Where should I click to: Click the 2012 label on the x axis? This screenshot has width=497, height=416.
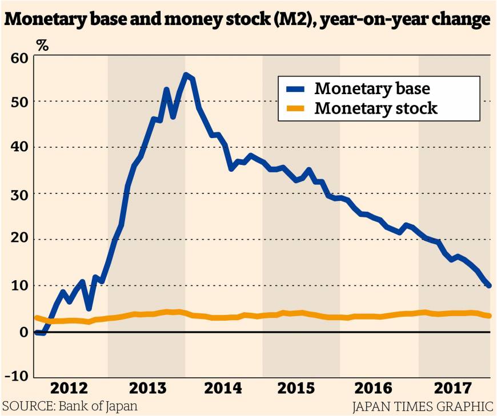[x=70, y=389]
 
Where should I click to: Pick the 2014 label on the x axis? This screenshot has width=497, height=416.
[x=223, y=389]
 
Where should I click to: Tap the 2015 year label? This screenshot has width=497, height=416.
[x=300, y=389]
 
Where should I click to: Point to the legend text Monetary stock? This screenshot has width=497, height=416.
[x=376, y=107]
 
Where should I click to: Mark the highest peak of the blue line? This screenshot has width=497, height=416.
[x=186, y=75]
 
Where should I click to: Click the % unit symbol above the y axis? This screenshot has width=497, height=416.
[x=42, y=46]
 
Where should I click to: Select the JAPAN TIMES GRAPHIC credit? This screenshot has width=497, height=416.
[x=423, y=407]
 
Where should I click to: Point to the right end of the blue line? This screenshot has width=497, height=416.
[x=489, y=285]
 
